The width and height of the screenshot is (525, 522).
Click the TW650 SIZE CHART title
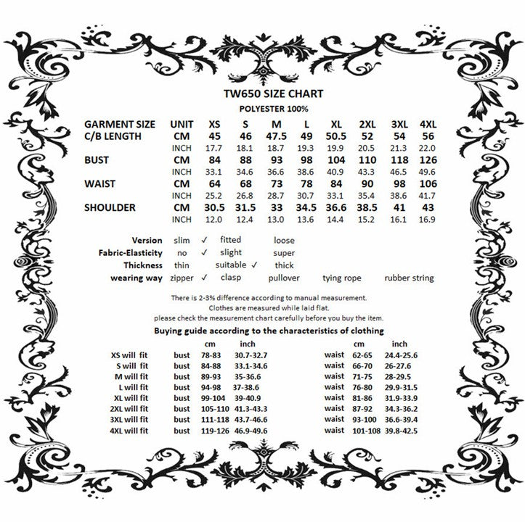262,94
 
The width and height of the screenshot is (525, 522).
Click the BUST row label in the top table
99,159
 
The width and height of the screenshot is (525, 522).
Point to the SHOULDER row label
110,207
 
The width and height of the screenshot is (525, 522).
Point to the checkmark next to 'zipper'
205,277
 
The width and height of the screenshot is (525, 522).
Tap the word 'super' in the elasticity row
284,252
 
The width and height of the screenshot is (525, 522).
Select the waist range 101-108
367,431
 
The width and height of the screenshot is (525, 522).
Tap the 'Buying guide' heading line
261,331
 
